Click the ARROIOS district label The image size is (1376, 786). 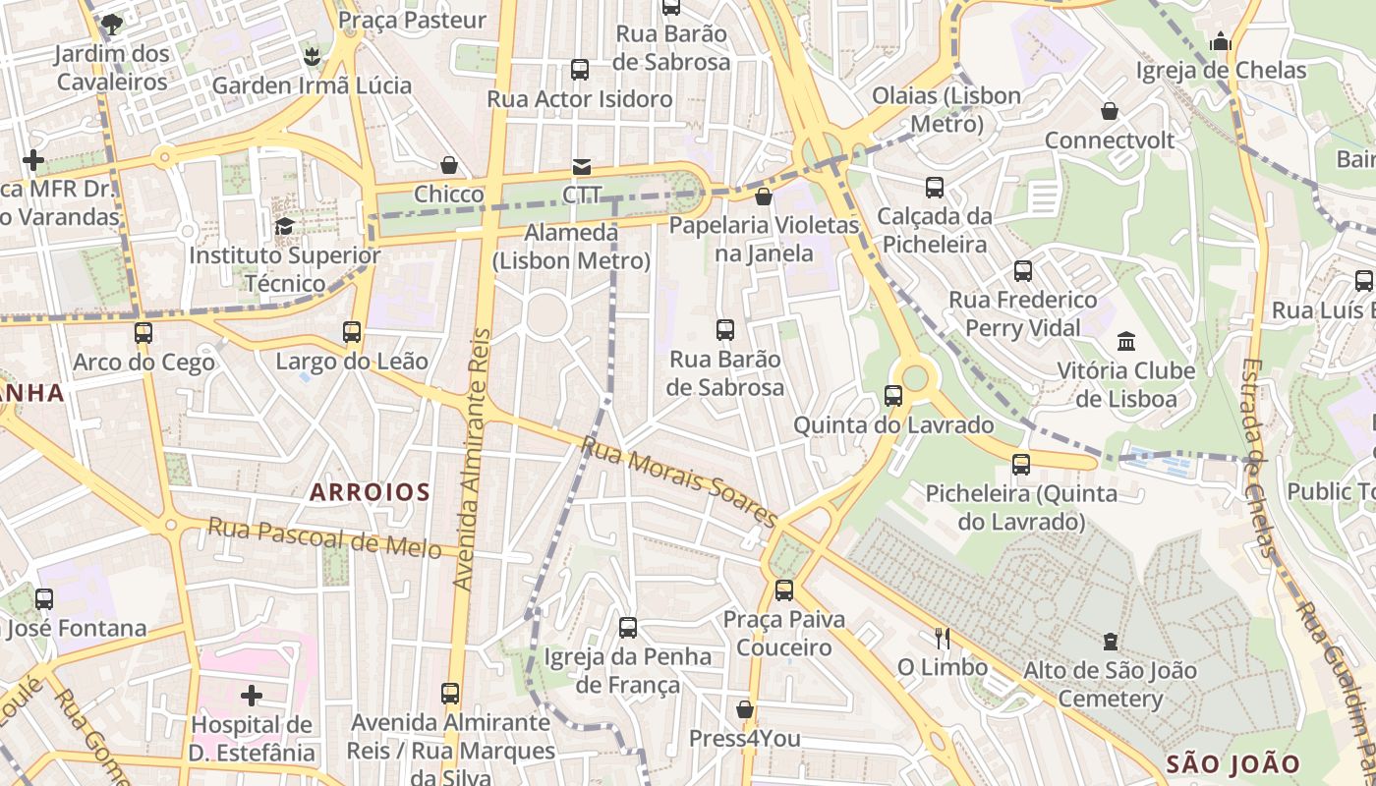click(370, 492)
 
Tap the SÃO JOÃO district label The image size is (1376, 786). click(1233, 763)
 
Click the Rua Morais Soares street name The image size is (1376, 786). click(678, 481)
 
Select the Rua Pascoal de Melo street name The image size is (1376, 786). click(324, 538)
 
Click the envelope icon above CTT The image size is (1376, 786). click(582, 166)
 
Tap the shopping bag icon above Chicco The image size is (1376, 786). click(449, 165)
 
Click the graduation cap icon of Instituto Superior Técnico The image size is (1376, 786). click(284, 227)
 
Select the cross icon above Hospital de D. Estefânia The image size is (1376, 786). click(252, 696)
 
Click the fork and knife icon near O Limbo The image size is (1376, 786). click(942, 639)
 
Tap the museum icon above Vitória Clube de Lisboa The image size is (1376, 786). click(1126, 342)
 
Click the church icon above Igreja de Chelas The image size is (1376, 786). click(1221, 41)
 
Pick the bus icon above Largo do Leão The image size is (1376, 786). click(352, 332)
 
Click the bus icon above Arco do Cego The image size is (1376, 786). click(143, 333)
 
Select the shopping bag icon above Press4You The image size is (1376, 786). click(745, 709)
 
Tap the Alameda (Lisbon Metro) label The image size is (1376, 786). click(571, 247)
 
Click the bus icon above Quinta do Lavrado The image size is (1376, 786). click(893, 396)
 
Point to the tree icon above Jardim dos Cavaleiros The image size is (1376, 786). click(112, 24)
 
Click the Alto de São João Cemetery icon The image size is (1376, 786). click(1111, 642)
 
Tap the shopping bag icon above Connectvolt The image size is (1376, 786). click(1110, 111)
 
